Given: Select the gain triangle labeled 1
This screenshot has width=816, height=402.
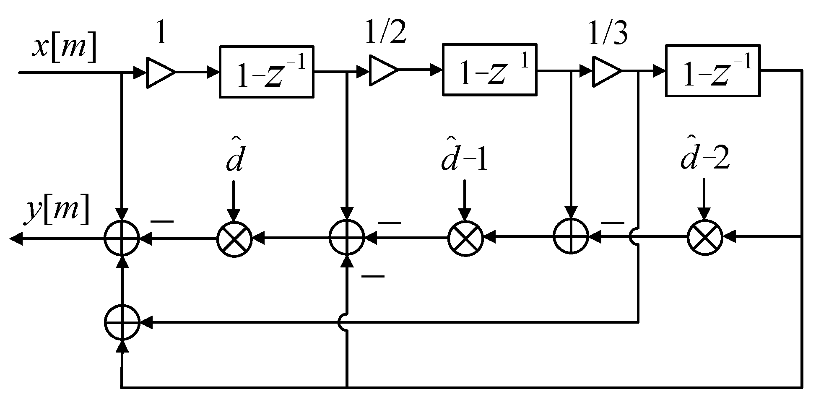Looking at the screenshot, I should tap(160, 73).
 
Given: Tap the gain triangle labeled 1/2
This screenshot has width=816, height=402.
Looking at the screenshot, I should tap(382, 72).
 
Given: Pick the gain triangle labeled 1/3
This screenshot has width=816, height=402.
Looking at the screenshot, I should tap(606, 72).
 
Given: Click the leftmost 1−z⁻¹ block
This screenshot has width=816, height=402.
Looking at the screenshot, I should tap(267, 72).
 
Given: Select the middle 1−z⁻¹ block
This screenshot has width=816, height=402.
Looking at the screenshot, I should tap(489, 70).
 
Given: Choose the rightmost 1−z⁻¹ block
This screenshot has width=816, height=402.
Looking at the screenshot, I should tap(712, 70).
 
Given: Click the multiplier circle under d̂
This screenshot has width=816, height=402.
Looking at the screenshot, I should tap(234, 239).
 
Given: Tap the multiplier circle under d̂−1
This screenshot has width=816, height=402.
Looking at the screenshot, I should tap(465, 238).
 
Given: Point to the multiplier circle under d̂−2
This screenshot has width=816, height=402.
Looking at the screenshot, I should tap(704, 237).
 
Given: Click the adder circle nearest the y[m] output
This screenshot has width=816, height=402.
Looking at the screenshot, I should tap(122, 238).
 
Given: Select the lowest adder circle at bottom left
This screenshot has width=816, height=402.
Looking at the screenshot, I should tap(122, 322).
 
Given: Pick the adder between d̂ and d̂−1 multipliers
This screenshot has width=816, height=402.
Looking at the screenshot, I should tap(346, 238).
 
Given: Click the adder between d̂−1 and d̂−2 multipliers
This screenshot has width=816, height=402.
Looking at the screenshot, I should tap(570, 236).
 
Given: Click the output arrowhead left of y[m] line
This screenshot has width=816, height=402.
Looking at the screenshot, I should tap(16, 239).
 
